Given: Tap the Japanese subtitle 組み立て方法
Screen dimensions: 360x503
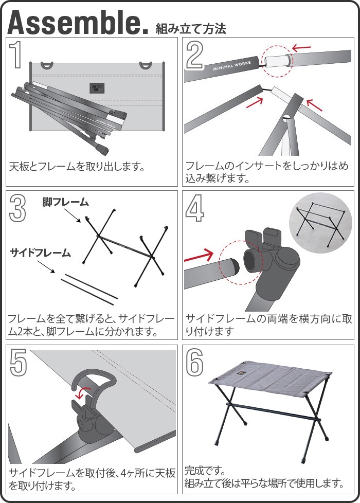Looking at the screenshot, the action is [191, 29].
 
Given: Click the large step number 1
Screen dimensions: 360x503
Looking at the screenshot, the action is [16, 54].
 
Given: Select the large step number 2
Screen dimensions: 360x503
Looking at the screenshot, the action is [195, 55].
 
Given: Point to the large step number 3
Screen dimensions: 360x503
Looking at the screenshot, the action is [18, 208].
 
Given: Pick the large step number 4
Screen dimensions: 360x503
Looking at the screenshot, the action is [194, 208].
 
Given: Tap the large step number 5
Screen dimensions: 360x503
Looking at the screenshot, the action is [19, 362].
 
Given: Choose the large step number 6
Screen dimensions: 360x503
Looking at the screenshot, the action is [194, 362].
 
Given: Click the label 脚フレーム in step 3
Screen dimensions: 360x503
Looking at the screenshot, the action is [65, 202].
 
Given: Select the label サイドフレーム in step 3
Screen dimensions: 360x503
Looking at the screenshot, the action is [41, 253].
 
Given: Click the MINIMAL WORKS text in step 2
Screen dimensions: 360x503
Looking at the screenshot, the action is [231, 65].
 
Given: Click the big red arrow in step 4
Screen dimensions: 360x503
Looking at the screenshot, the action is [199, 256].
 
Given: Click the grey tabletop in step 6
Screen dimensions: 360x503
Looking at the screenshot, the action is [270, 379].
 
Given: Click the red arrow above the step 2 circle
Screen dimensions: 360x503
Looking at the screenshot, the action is [301, 48].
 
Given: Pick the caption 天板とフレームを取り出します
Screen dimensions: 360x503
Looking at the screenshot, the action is [77, 167].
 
